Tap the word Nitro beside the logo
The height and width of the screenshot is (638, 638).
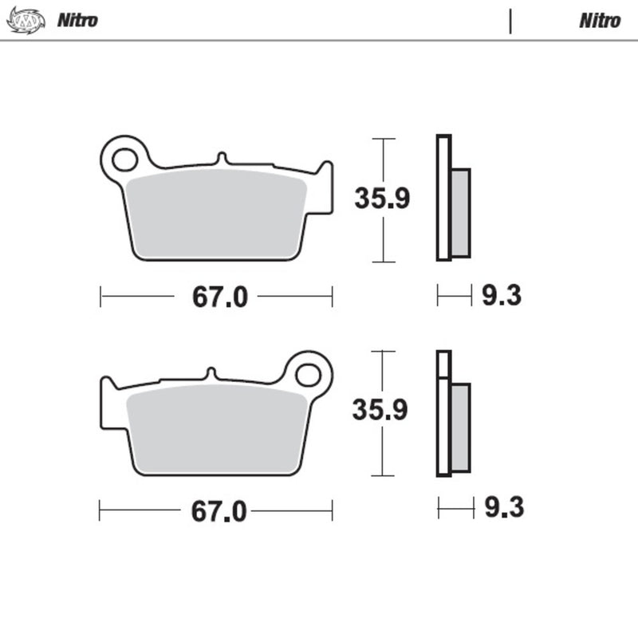tap(77, 20)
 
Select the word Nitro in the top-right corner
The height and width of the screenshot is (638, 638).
tap(600, 20)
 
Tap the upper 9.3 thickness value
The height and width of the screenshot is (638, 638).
tap(502, 297)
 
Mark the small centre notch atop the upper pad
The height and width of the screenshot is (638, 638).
tap(223, 159)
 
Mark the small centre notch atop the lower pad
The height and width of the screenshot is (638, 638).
tap(211, 373)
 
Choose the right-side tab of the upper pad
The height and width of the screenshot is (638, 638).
tap(325, 188)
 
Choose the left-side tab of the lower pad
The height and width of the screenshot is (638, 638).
tap(108, 403)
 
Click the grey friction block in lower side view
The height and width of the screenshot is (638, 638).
tap(460, 427)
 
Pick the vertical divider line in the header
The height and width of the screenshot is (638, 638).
tap(510, 20)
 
